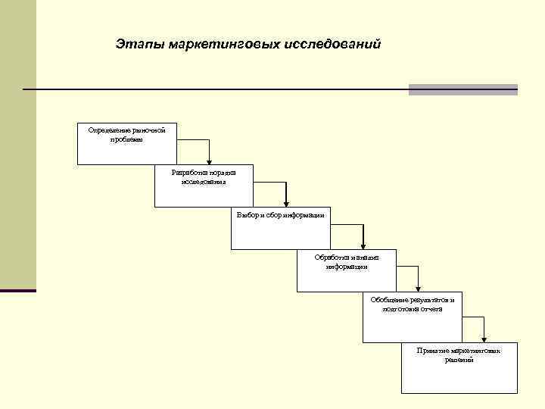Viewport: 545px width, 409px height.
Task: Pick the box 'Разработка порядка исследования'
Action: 204,186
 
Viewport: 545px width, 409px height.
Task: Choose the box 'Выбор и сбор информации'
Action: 281,228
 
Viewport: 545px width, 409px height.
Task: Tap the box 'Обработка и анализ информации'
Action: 346,270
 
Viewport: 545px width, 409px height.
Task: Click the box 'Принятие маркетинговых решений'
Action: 459,370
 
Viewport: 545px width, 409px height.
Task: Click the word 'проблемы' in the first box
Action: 126,139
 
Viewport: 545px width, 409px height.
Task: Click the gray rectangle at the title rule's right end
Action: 462,89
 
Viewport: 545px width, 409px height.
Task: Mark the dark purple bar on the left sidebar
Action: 17,290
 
